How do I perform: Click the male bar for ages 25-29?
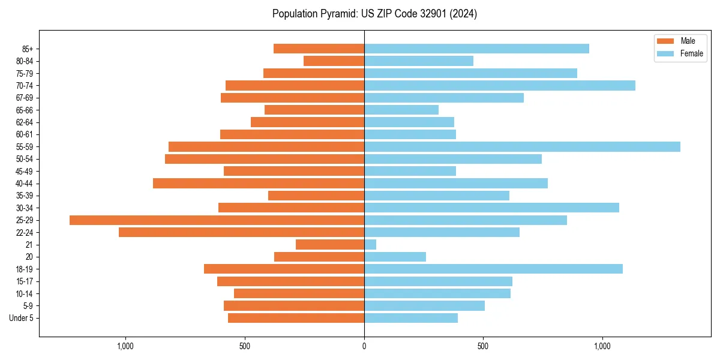(x=217, y=220)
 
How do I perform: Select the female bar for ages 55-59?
(x=522, y=146)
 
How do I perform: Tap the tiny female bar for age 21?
(x=370, y=245)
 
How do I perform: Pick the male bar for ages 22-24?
(x=241, y=232)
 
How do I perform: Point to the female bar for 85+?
(x=476, y=49)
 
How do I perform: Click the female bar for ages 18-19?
(x=493, y=269)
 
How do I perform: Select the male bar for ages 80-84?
(x=334, y=61)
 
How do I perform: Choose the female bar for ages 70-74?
(x=499, y=85)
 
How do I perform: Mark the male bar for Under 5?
(x=296, y=318)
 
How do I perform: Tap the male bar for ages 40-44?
(x=259, y=184)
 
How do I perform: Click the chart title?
(x=374, y=14)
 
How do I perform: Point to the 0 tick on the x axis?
(x=364, y=346)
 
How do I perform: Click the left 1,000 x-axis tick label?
(x=125, y=346)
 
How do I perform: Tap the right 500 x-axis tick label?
(x=483, y=346)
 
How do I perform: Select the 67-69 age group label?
(x=24, y=98)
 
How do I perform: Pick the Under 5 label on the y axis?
(x=21, y=318)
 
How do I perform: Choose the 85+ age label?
(x=27, y=49)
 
